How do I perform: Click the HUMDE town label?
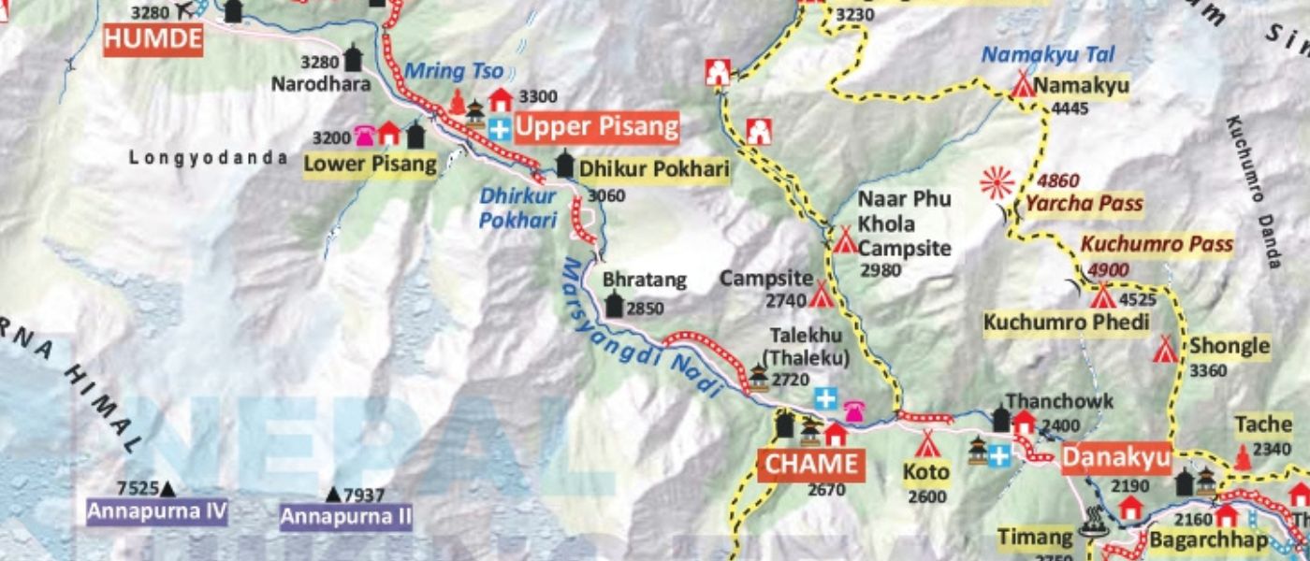coord(153,39)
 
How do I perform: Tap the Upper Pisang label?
coord(596,128)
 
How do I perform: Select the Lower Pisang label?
coord(371,165)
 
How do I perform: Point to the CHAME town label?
coord(811,464)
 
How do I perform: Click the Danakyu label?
coord(1115,458)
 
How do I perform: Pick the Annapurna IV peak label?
coord(157,511)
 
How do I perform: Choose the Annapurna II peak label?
coord(346,516)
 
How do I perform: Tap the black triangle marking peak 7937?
coord(333,495)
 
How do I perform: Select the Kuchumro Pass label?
coord(1157,245)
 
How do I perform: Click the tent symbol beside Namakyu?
coord(1022,86)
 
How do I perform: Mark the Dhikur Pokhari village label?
coord(653,169)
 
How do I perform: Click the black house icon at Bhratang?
coord(615,305)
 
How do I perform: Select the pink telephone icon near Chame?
coord(853,411)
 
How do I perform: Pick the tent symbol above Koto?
coord(926,443)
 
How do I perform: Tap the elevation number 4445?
coord(1070,109)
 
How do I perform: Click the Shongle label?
coord(1230,347)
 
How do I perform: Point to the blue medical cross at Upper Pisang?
coord(501,129)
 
